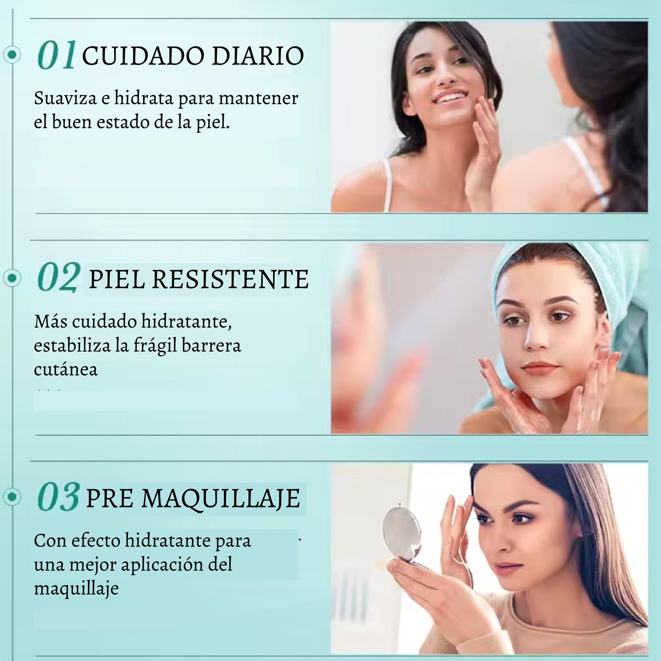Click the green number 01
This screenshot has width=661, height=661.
tap(57, 54)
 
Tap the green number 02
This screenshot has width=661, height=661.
tap(59, 277)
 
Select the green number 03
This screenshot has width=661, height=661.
tap(59, 496)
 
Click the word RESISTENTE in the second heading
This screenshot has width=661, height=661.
tap(230, 279)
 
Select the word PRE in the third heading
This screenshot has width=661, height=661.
tap(109, 498)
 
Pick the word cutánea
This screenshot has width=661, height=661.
tap(66, 369)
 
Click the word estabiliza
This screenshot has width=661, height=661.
tap(72, 345)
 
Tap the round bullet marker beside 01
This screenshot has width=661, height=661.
tap(12, 54)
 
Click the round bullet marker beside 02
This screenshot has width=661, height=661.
tap(12, 278)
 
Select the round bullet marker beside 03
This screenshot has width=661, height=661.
tap(12, 496)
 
